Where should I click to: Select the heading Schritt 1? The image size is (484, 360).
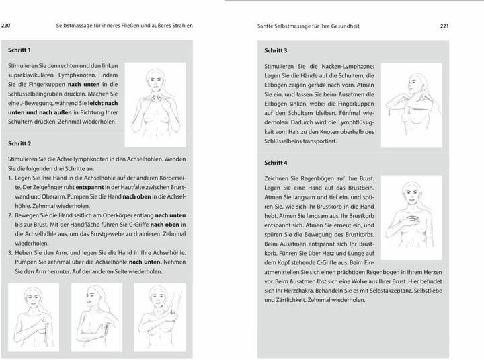point(19,50)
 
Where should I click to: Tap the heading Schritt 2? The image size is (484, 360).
point(19,143)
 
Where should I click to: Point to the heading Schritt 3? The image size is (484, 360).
point(276,50)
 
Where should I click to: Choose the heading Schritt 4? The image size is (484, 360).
point(276,163)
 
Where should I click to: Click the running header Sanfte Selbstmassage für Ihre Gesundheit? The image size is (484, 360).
point(309,26)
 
